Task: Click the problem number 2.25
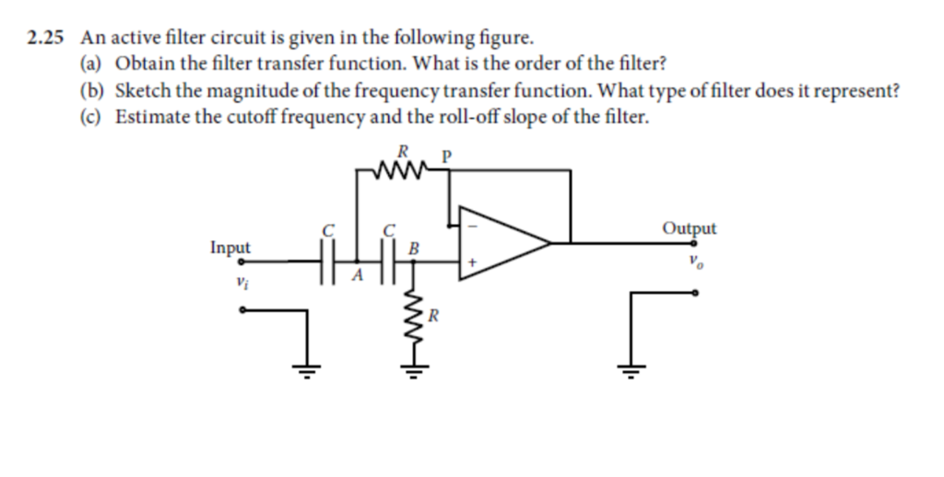(47, 39)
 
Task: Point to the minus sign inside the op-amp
(475, 223)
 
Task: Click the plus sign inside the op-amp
(472, 263)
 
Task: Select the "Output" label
(689, 227)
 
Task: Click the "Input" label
(230, 247)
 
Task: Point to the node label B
(413, 247)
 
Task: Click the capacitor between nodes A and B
(387, 261)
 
